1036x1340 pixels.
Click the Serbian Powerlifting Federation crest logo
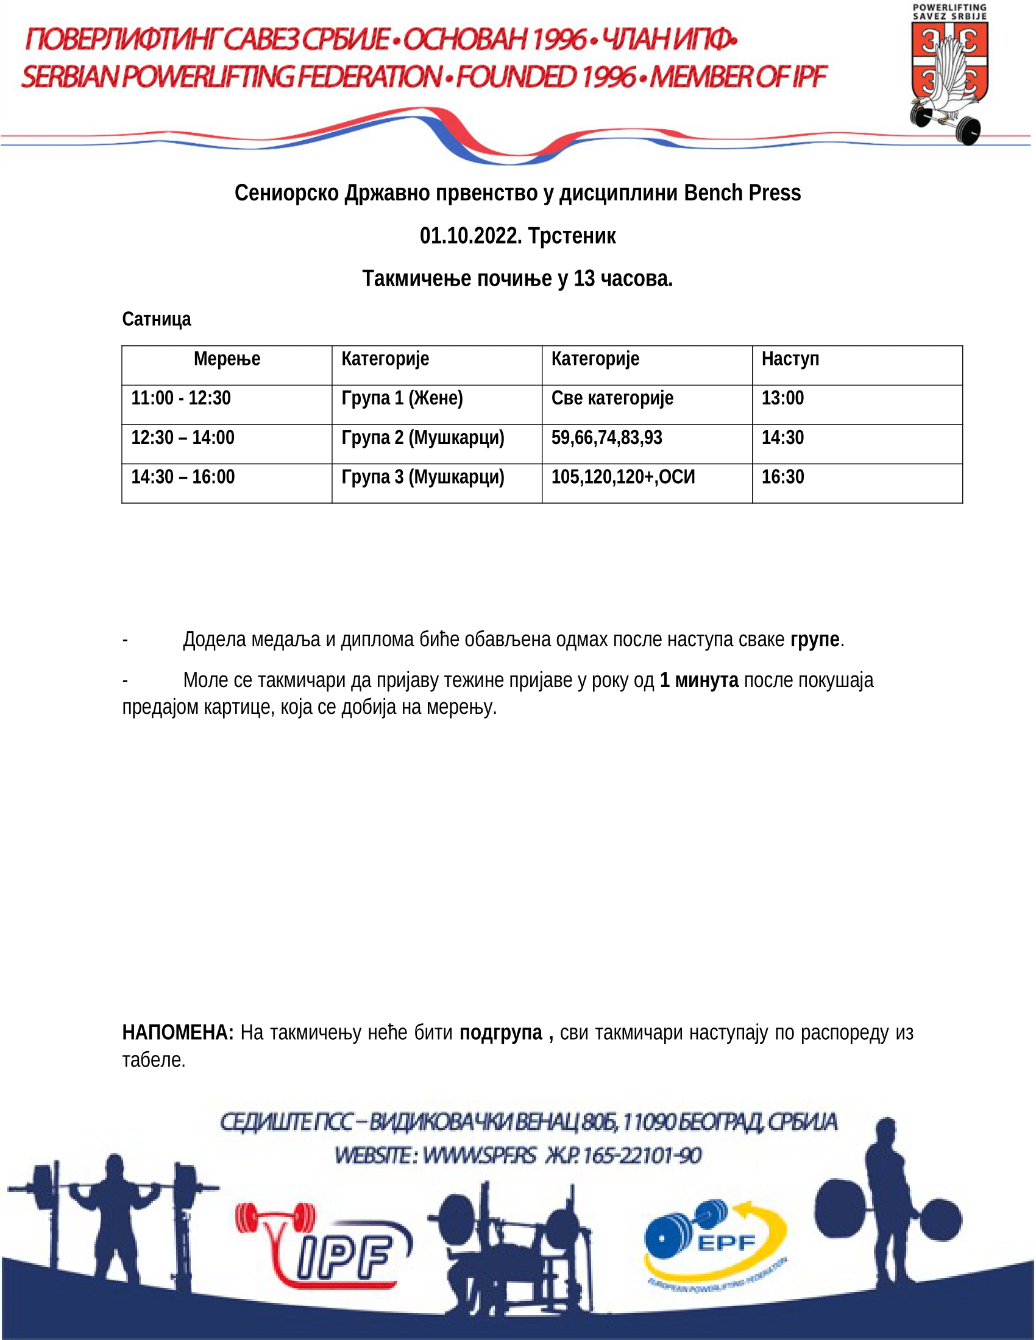(949, 74)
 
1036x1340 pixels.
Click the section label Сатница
(157, 319)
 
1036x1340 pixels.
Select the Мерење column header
(227, 359)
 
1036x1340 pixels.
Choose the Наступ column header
(790, 359)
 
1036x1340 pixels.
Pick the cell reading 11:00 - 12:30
(181, 398)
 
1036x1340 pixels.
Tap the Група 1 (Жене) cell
(402, 398)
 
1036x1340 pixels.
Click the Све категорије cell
(612, 398)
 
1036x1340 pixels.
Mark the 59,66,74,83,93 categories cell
(606, 437)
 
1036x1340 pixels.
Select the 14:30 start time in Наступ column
(782, 437)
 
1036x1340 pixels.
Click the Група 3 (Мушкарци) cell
(423, 477)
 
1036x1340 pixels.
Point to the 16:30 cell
(782, 477)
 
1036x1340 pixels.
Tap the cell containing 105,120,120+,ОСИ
(623, 477)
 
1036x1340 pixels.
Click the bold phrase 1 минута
(699, 680)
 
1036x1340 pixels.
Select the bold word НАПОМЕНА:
(178, 1032)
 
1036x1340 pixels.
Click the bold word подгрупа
(501, 1032)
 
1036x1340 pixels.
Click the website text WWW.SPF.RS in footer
(480, 1156)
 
